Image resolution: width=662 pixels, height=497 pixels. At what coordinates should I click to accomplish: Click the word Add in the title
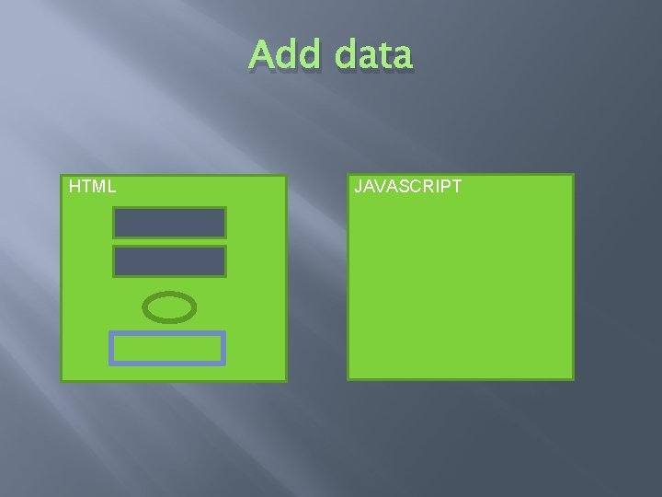coord(288,55)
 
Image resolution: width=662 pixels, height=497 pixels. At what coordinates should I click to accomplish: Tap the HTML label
coord(92,187)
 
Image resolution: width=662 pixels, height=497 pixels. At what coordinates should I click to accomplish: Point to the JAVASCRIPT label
coord(408,187)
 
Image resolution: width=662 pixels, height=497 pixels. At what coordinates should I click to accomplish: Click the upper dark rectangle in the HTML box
coord(169,223)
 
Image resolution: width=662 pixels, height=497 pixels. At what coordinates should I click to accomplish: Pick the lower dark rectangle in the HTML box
coord(169,261)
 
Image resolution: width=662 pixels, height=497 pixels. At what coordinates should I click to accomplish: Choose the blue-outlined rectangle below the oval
coord(167,349)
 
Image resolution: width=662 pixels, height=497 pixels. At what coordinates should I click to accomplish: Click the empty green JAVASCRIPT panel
coord(460,285)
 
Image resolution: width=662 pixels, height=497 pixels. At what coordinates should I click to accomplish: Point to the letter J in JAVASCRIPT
coord(359,187)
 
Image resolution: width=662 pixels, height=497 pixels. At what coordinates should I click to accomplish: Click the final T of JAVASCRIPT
coord(456,187)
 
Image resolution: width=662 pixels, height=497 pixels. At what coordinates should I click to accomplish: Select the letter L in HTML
coord(111,187)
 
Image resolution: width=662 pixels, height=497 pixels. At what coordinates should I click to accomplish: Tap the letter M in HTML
coord(98,187)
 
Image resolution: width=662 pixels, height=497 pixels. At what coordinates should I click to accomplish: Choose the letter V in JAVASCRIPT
coord(382,187)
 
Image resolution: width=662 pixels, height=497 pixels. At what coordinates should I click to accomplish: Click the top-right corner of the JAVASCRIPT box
coord(573,175)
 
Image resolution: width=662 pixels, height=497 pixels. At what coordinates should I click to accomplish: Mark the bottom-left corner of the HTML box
coord(62,380)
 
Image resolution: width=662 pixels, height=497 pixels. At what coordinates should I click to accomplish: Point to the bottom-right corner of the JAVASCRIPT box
coord(573,379)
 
